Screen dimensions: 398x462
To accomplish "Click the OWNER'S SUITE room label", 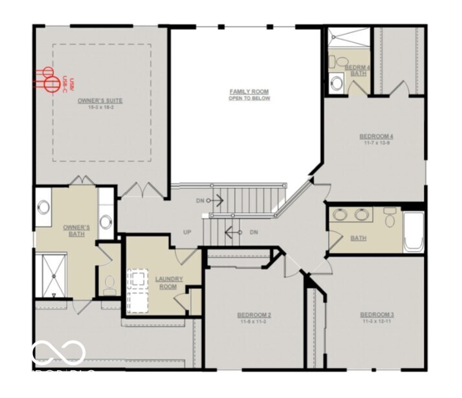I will point(100,100).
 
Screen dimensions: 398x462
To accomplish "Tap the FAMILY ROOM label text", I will point(249,92).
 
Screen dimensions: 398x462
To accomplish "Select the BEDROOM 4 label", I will point(377,136).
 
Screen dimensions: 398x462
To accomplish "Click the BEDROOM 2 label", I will point(254,315).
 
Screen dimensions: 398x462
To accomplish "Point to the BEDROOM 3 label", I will point(377,315).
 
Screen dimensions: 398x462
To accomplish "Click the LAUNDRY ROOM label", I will point(170,282).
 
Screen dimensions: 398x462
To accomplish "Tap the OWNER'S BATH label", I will point(76,230).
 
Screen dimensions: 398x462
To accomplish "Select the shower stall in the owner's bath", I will point(54,275).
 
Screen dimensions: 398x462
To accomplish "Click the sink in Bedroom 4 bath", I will point(336,83).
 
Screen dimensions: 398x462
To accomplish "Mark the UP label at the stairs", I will point(188,231).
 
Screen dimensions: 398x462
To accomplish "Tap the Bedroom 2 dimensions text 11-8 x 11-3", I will point(254,322).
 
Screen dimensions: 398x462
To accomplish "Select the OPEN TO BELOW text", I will point(249,99).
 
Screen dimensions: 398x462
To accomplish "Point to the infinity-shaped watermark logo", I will point(58,352).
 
